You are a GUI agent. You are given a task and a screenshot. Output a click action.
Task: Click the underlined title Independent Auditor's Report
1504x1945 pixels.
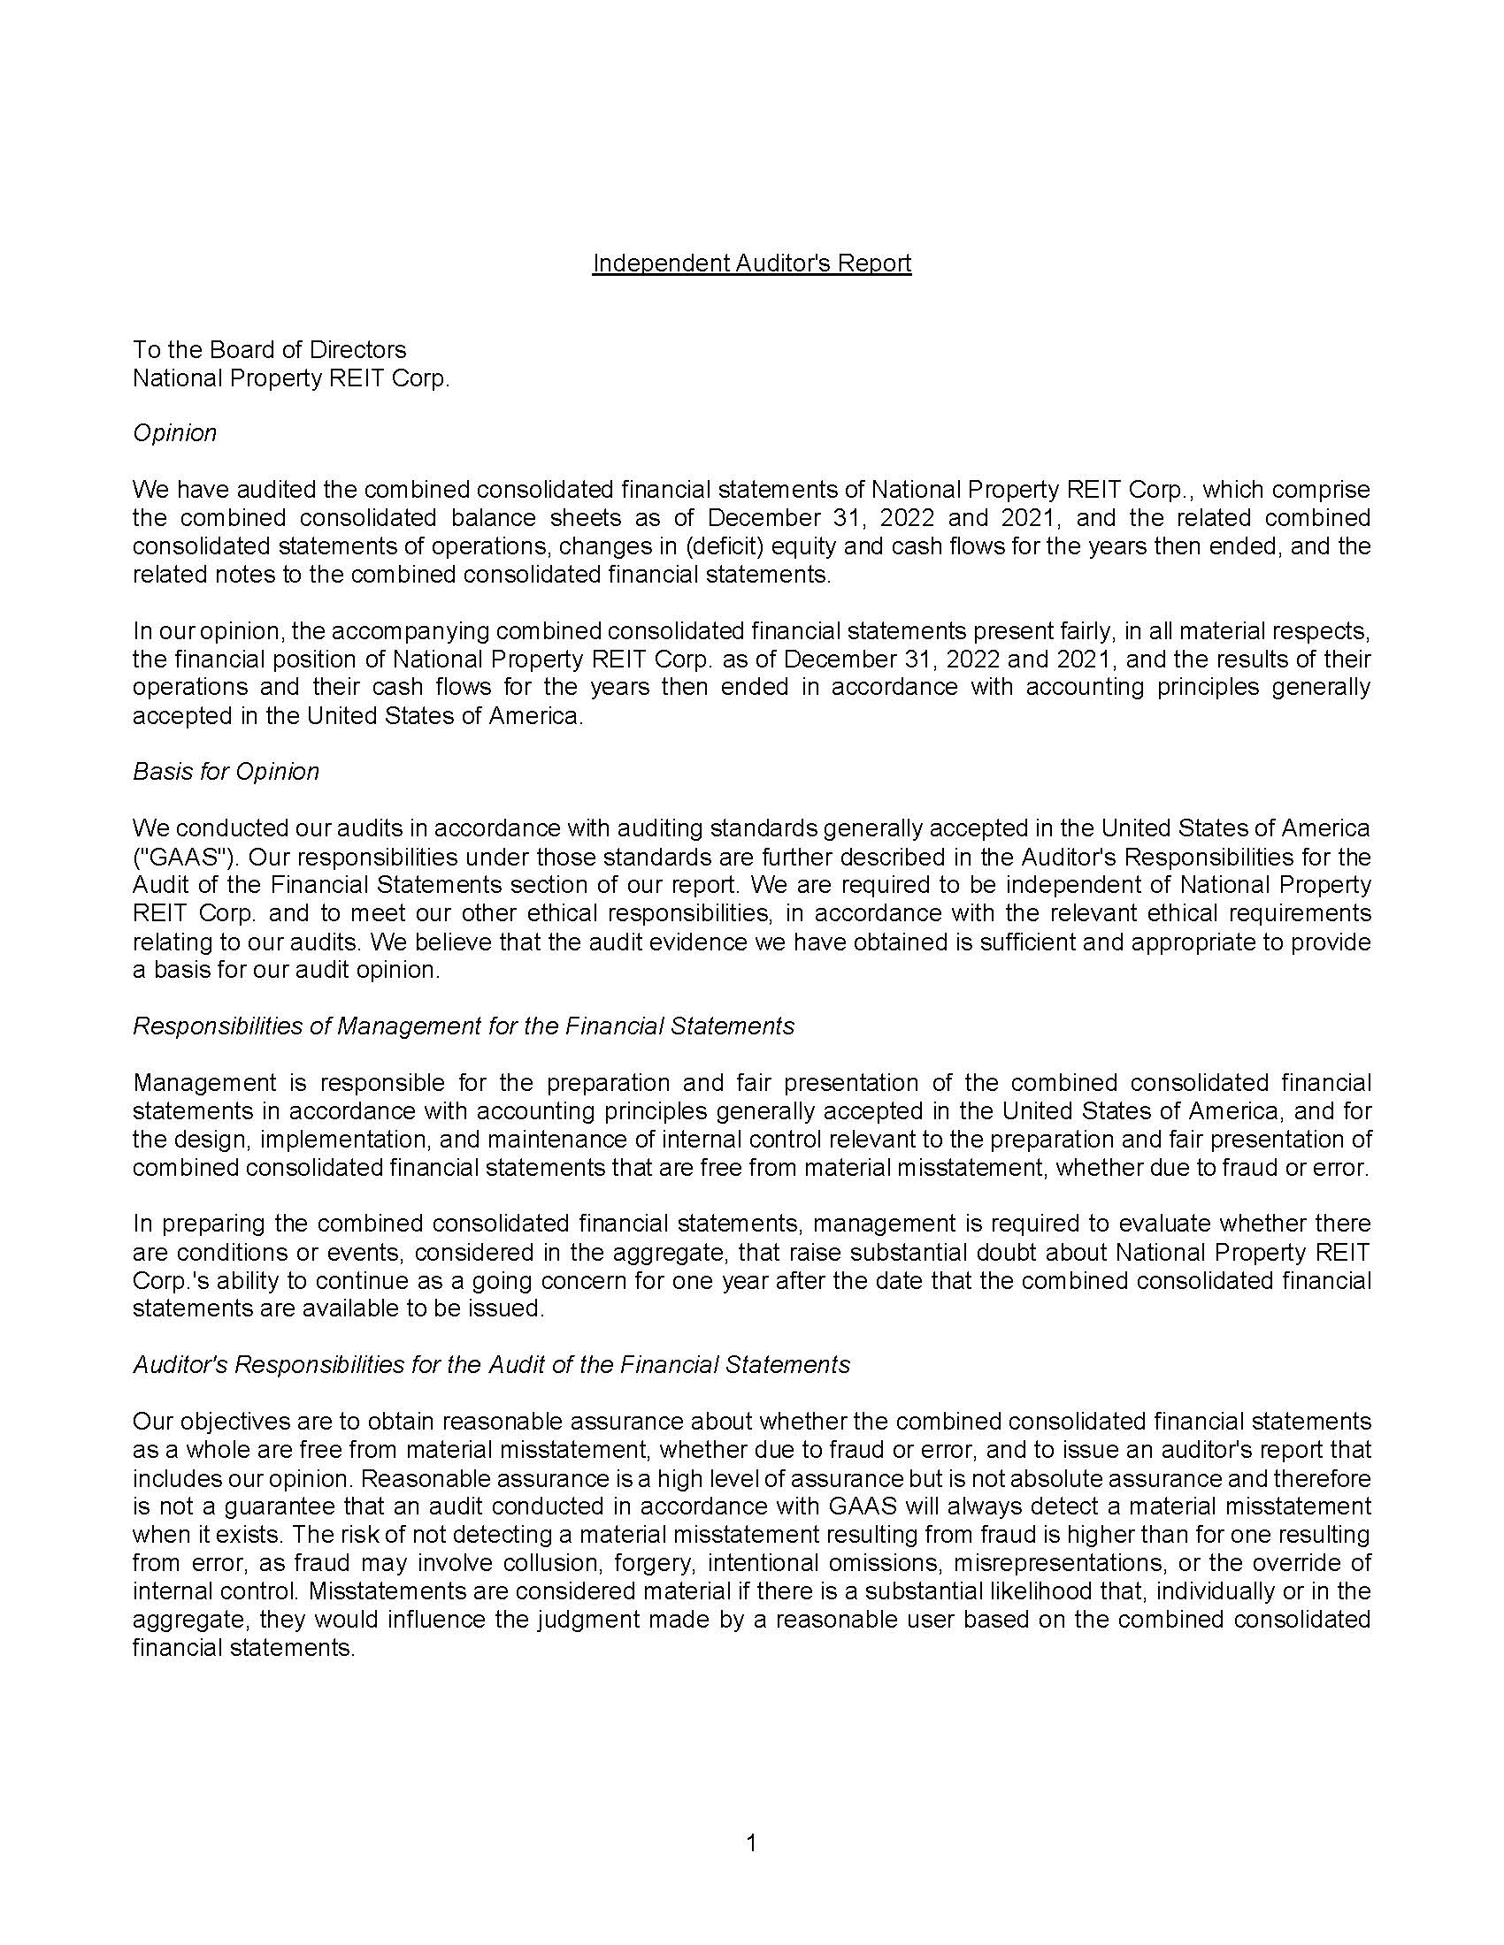click(x=751, y=263)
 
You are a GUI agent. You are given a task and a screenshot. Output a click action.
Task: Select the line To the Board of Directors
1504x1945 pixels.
click(x=269, y=349)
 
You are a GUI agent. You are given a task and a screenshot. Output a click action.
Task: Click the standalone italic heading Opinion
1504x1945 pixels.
click(x=174, y=433)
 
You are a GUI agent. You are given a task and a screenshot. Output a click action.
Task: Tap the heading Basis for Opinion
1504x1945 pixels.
click(x=226, y=771)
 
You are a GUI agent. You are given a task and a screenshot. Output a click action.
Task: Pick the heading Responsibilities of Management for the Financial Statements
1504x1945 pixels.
click(x=464, y=1026)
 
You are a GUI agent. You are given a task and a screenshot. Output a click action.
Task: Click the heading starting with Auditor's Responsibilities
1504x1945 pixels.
click(x=491, y=1364)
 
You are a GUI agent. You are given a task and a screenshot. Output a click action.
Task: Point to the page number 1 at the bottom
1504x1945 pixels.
click(x=751, y=1843)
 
